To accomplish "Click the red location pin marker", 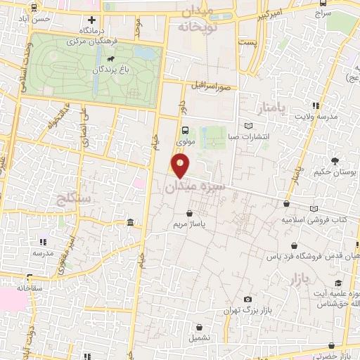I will [181, 166].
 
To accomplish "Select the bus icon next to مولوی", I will [185, 131].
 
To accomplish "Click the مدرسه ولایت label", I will [316, 117].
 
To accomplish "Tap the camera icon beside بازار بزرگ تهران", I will [247, 300].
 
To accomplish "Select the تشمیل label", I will [202, 337].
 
